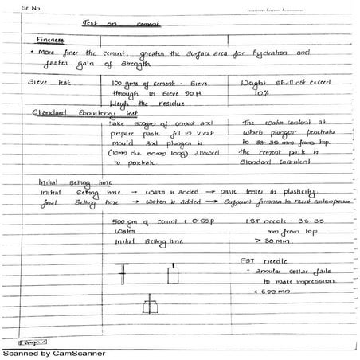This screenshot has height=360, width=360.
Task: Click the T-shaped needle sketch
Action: point(124,274)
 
